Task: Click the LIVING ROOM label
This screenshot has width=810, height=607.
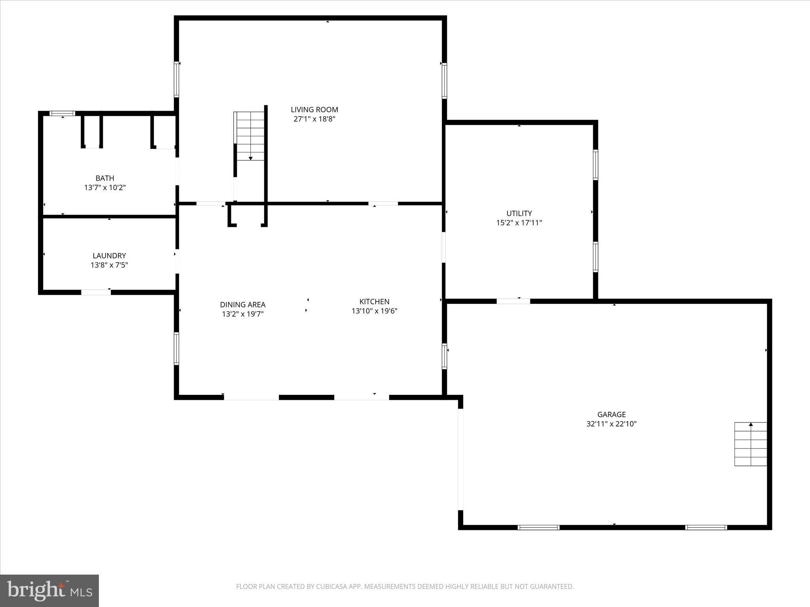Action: click(314, 109)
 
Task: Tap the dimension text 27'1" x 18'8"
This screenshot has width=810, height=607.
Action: click(314, 119)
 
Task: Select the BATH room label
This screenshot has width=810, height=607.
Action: click(105, 178)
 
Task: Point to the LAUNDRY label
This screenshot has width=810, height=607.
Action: click(109, 256)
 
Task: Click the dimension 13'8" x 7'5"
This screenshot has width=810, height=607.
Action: click(109, 265)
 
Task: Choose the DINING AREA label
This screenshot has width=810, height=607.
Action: click(242, 305)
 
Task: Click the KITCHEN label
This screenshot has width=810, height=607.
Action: click(374, 302)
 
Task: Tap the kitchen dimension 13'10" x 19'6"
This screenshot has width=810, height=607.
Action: click(374, 311)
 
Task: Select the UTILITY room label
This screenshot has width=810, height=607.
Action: click(519, 213)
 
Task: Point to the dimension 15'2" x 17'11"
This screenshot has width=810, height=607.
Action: click(519, 223)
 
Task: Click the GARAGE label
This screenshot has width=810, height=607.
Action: click(611, 415)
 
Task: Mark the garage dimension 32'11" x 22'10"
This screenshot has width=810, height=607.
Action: click(611, 424)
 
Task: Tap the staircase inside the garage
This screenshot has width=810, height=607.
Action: click(750, 444)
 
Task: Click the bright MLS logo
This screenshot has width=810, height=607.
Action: click(49, 591)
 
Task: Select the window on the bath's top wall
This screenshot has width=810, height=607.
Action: click(62, 113)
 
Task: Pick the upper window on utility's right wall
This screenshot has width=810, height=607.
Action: click(595, 165)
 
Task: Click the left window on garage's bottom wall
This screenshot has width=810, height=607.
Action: click(538, 527)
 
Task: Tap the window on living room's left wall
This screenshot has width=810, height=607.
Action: click(176, 79)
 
